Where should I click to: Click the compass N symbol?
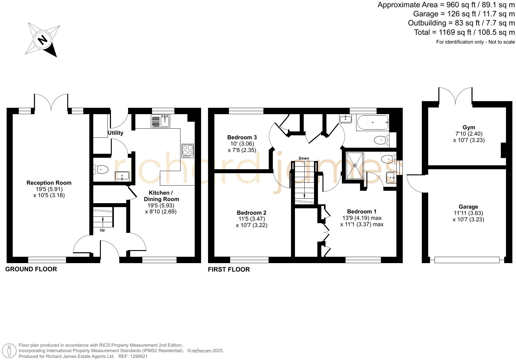42,40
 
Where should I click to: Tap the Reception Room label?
49,183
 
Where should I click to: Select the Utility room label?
115,133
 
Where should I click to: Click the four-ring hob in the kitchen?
187,151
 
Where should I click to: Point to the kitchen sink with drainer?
160,121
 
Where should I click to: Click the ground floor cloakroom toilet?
101,170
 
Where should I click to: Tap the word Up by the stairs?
102,230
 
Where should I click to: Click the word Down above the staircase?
304,158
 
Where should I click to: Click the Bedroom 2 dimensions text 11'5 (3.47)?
252,219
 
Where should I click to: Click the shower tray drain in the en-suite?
355,165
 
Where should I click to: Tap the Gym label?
469,127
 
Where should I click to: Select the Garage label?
468,207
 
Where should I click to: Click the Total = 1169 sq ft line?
464,32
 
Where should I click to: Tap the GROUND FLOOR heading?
31,269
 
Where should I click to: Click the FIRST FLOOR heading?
229,269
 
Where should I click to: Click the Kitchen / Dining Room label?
161,196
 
